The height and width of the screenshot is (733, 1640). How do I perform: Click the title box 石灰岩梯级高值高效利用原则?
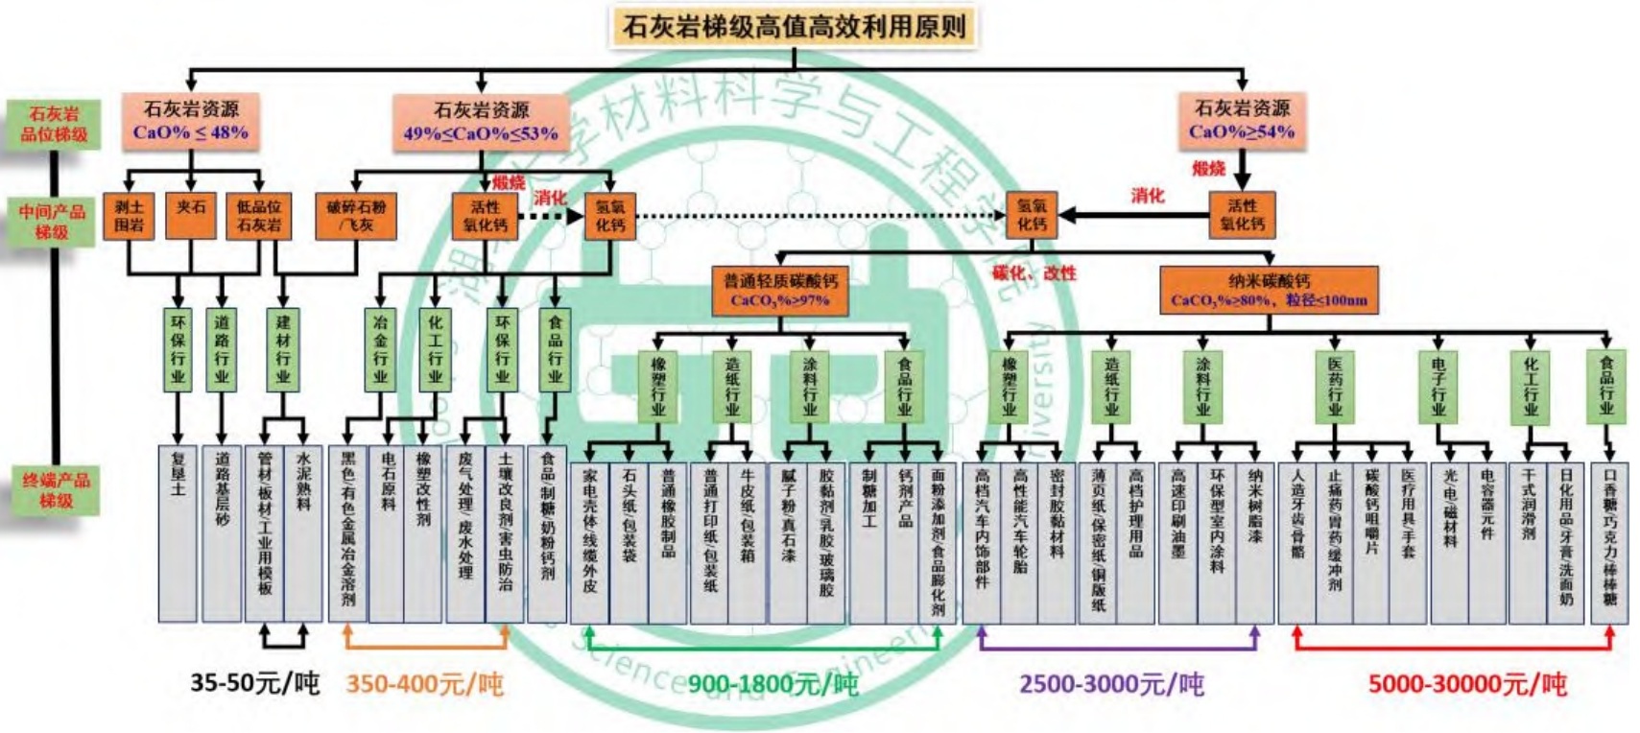[793, 26]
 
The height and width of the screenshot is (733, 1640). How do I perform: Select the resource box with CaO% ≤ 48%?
[191, 121]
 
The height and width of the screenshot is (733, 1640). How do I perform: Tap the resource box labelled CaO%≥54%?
[1241, 120]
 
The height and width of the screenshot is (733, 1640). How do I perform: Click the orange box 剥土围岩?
[129, 216]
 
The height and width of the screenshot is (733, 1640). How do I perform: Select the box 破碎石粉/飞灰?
[355, 216]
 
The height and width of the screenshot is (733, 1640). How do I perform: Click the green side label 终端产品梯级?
[56, 489]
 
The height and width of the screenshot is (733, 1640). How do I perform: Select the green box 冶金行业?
[380, 349]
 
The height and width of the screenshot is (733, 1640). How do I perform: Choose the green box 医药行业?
[1335, 387]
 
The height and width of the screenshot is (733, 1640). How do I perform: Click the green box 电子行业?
[1438, 387]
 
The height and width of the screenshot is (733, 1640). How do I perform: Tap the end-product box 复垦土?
[178, 532]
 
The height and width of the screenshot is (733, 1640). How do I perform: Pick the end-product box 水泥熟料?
[304, 532]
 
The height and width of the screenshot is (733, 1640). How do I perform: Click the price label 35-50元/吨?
[254, 683]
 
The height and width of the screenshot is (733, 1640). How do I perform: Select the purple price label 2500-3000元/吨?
[1111, 684]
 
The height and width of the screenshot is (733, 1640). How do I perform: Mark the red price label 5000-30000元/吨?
[1466, 684]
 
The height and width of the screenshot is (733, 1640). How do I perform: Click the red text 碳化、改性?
[1034, 273]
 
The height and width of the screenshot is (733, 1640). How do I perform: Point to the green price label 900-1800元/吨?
[772, 684]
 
